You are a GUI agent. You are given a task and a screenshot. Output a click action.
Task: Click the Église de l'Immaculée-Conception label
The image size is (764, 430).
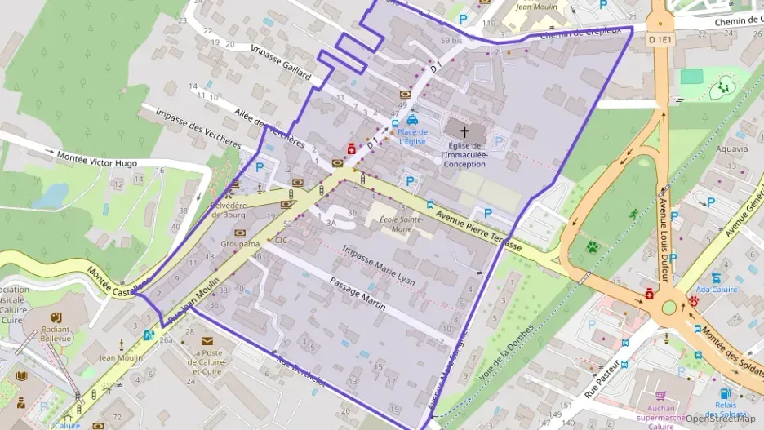click(464, 154)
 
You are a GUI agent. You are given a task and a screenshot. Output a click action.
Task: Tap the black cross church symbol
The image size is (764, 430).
click(465, 131)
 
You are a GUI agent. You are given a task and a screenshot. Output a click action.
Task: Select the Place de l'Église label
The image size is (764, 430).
click(413, 136)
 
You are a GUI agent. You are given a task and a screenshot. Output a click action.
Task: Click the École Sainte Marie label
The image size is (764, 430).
click(401, 224)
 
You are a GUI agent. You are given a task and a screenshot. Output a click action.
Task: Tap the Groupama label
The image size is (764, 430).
click(240, 243)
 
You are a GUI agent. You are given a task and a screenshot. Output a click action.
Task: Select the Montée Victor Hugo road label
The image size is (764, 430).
click(96, 158)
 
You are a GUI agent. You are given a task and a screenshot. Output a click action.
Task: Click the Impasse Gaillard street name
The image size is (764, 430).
click(281, 62)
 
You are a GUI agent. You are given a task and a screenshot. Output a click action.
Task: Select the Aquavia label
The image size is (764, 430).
click(731, 149)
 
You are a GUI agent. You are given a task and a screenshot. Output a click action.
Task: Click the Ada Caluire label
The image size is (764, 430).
click(717, 289)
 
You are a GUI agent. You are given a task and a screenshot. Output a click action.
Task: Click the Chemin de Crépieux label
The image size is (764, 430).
click(580, 33)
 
